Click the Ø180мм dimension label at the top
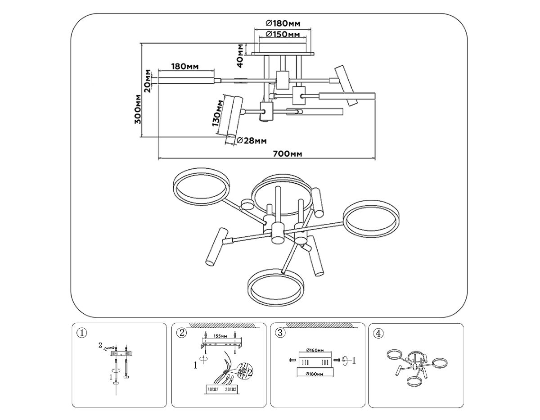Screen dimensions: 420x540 click(x=283, y=23)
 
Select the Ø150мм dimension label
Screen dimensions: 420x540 click(x=283, y=35)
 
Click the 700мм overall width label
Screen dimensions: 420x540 click(x=287, y=154)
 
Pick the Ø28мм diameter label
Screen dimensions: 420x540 click(x=251, y=140)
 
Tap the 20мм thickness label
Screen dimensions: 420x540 click(x=148, y=80)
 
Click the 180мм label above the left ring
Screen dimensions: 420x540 click(x=185, y=67)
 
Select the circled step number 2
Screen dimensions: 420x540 click(x=181, y=333)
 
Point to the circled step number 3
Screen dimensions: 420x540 click(x=280, y=333)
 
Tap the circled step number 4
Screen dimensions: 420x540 click(x=378, y=333)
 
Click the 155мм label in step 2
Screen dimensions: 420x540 click(x=220, y=336)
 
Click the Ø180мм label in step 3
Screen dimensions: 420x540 click(x=314, y=373)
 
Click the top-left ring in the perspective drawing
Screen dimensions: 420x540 click(x=202, y=187)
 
